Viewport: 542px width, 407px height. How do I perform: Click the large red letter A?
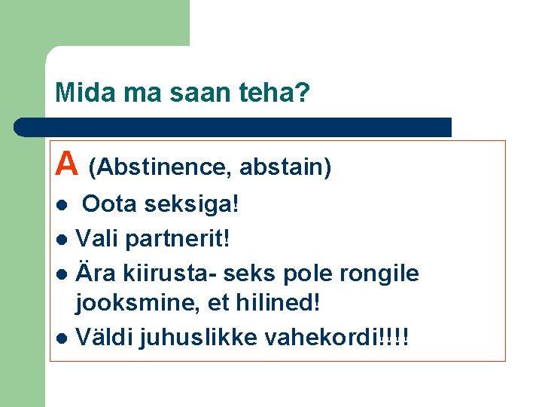point(68,163)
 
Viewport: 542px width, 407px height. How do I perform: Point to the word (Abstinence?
point(161,167)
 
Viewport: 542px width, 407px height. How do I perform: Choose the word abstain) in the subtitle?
point(285,167)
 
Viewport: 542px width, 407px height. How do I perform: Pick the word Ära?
point(96,272)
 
